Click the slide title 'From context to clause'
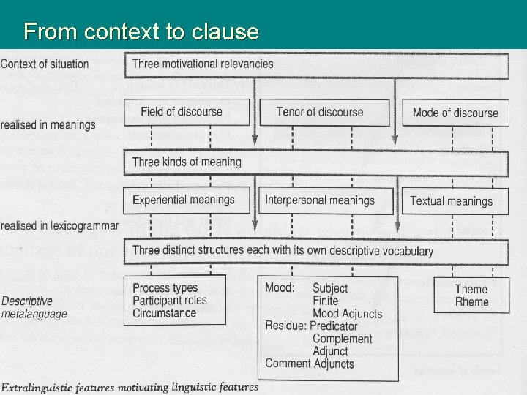(x=141, y=31)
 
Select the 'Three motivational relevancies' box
(x=203, y=63)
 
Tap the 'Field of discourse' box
(x=182, y=112)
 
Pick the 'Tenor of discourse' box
(x=319, y=112)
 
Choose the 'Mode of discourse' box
(x=455, y=113)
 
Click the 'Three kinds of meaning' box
(x=187, y=162)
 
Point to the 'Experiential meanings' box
(x=184, y=200)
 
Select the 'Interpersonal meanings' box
(x=319, y=200)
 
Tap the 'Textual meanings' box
(x=451, y=200)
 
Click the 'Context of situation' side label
(x=45, y=64)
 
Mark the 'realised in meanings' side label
(x=48, y=125)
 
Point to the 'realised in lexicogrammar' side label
(x=59, y=225)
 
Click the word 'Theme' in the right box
(x=471, y=290)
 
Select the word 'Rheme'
(x=471, y=301)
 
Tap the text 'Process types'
(x=165, y=288)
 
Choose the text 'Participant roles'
(x=170, y=301)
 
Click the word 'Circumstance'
(x=164, y=313)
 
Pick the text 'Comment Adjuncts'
(x=309, y=364)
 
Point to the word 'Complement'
(x=342, y=339)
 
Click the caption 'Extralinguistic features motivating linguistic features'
(x=130, y=386)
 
